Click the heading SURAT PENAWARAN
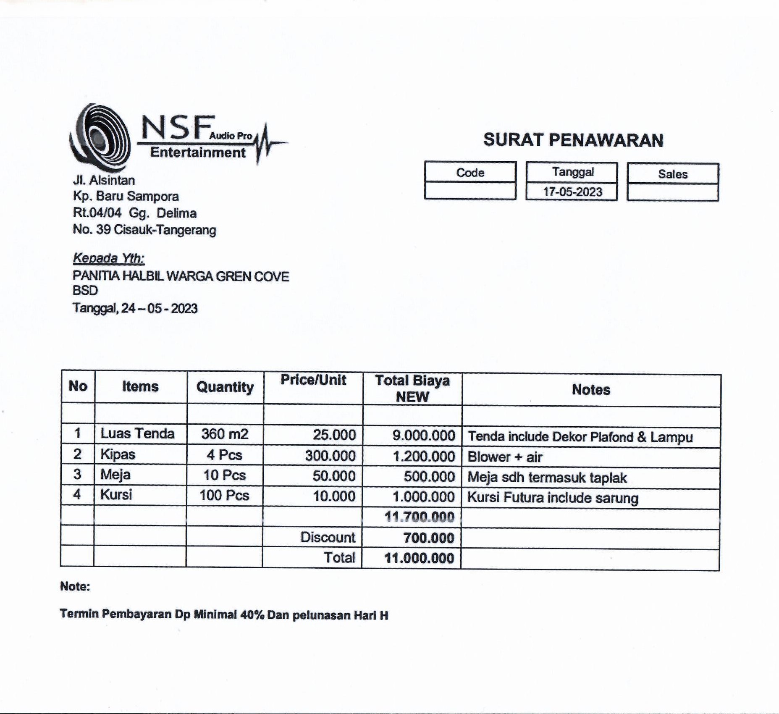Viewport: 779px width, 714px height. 573,140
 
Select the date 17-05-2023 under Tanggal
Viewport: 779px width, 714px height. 572,192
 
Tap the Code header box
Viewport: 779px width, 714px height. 470,173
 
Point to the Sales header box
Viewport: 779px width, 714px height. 673,174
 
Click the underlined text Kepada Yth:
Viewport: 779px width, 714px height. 108,258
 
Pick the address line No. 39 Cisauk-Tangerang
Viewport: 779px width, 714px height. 144,230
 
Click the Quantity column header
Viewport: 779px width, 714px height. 225,387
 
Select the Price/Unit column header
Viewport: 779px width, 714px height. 313,380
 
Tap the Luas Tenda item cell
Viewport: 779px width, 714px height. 137,433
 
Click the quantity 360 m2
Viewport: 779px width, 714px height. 225,434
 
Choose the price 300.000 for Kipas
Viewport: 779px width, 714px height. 330,456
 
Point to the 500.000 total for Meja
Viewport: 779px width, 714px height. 429,477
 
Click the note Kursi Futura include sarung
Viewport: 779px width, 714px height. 553,498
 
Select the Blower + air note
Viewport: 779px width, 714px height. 505,457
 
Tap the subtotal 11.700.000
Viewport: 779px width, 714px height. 420,517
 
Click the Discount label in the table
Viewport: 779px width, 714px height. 328,537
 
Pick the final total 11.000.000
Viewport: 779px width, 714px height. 419,558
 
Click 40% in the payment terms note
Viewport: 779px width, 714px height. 252,615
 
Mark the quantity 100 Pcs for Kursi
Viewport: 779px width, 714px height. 224,496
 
